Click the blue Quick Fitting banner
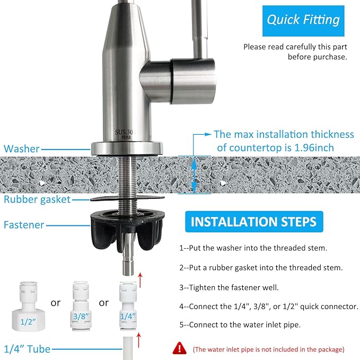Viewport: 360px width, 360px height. pos(303,20)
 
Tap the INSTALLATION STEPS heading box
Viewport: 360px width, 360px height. pos(253,221)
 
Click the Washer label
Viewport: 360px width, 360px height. pos(22,149)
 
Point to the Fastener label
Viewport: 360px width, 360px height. pos(24,224)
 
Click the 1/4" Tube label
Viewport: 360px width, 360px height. pos(27,349)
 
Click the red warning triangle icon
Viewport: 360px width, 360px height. pos(180,348)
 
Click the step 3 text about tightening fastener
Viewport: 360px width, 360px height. pos(230,287)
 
